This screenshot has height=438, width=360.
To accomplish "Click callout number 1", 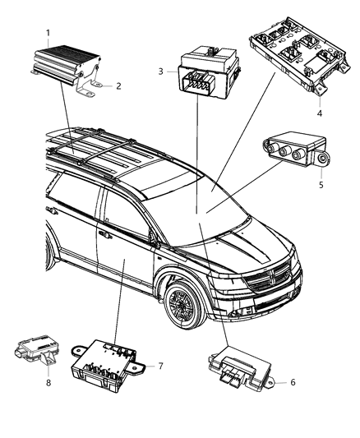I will (x=48, y=34).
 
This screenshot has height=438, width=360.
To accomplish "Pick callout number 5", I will (x=321, y=186).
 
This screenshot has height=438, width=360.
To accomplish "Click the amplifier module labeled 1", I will (x=66, y=62).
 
